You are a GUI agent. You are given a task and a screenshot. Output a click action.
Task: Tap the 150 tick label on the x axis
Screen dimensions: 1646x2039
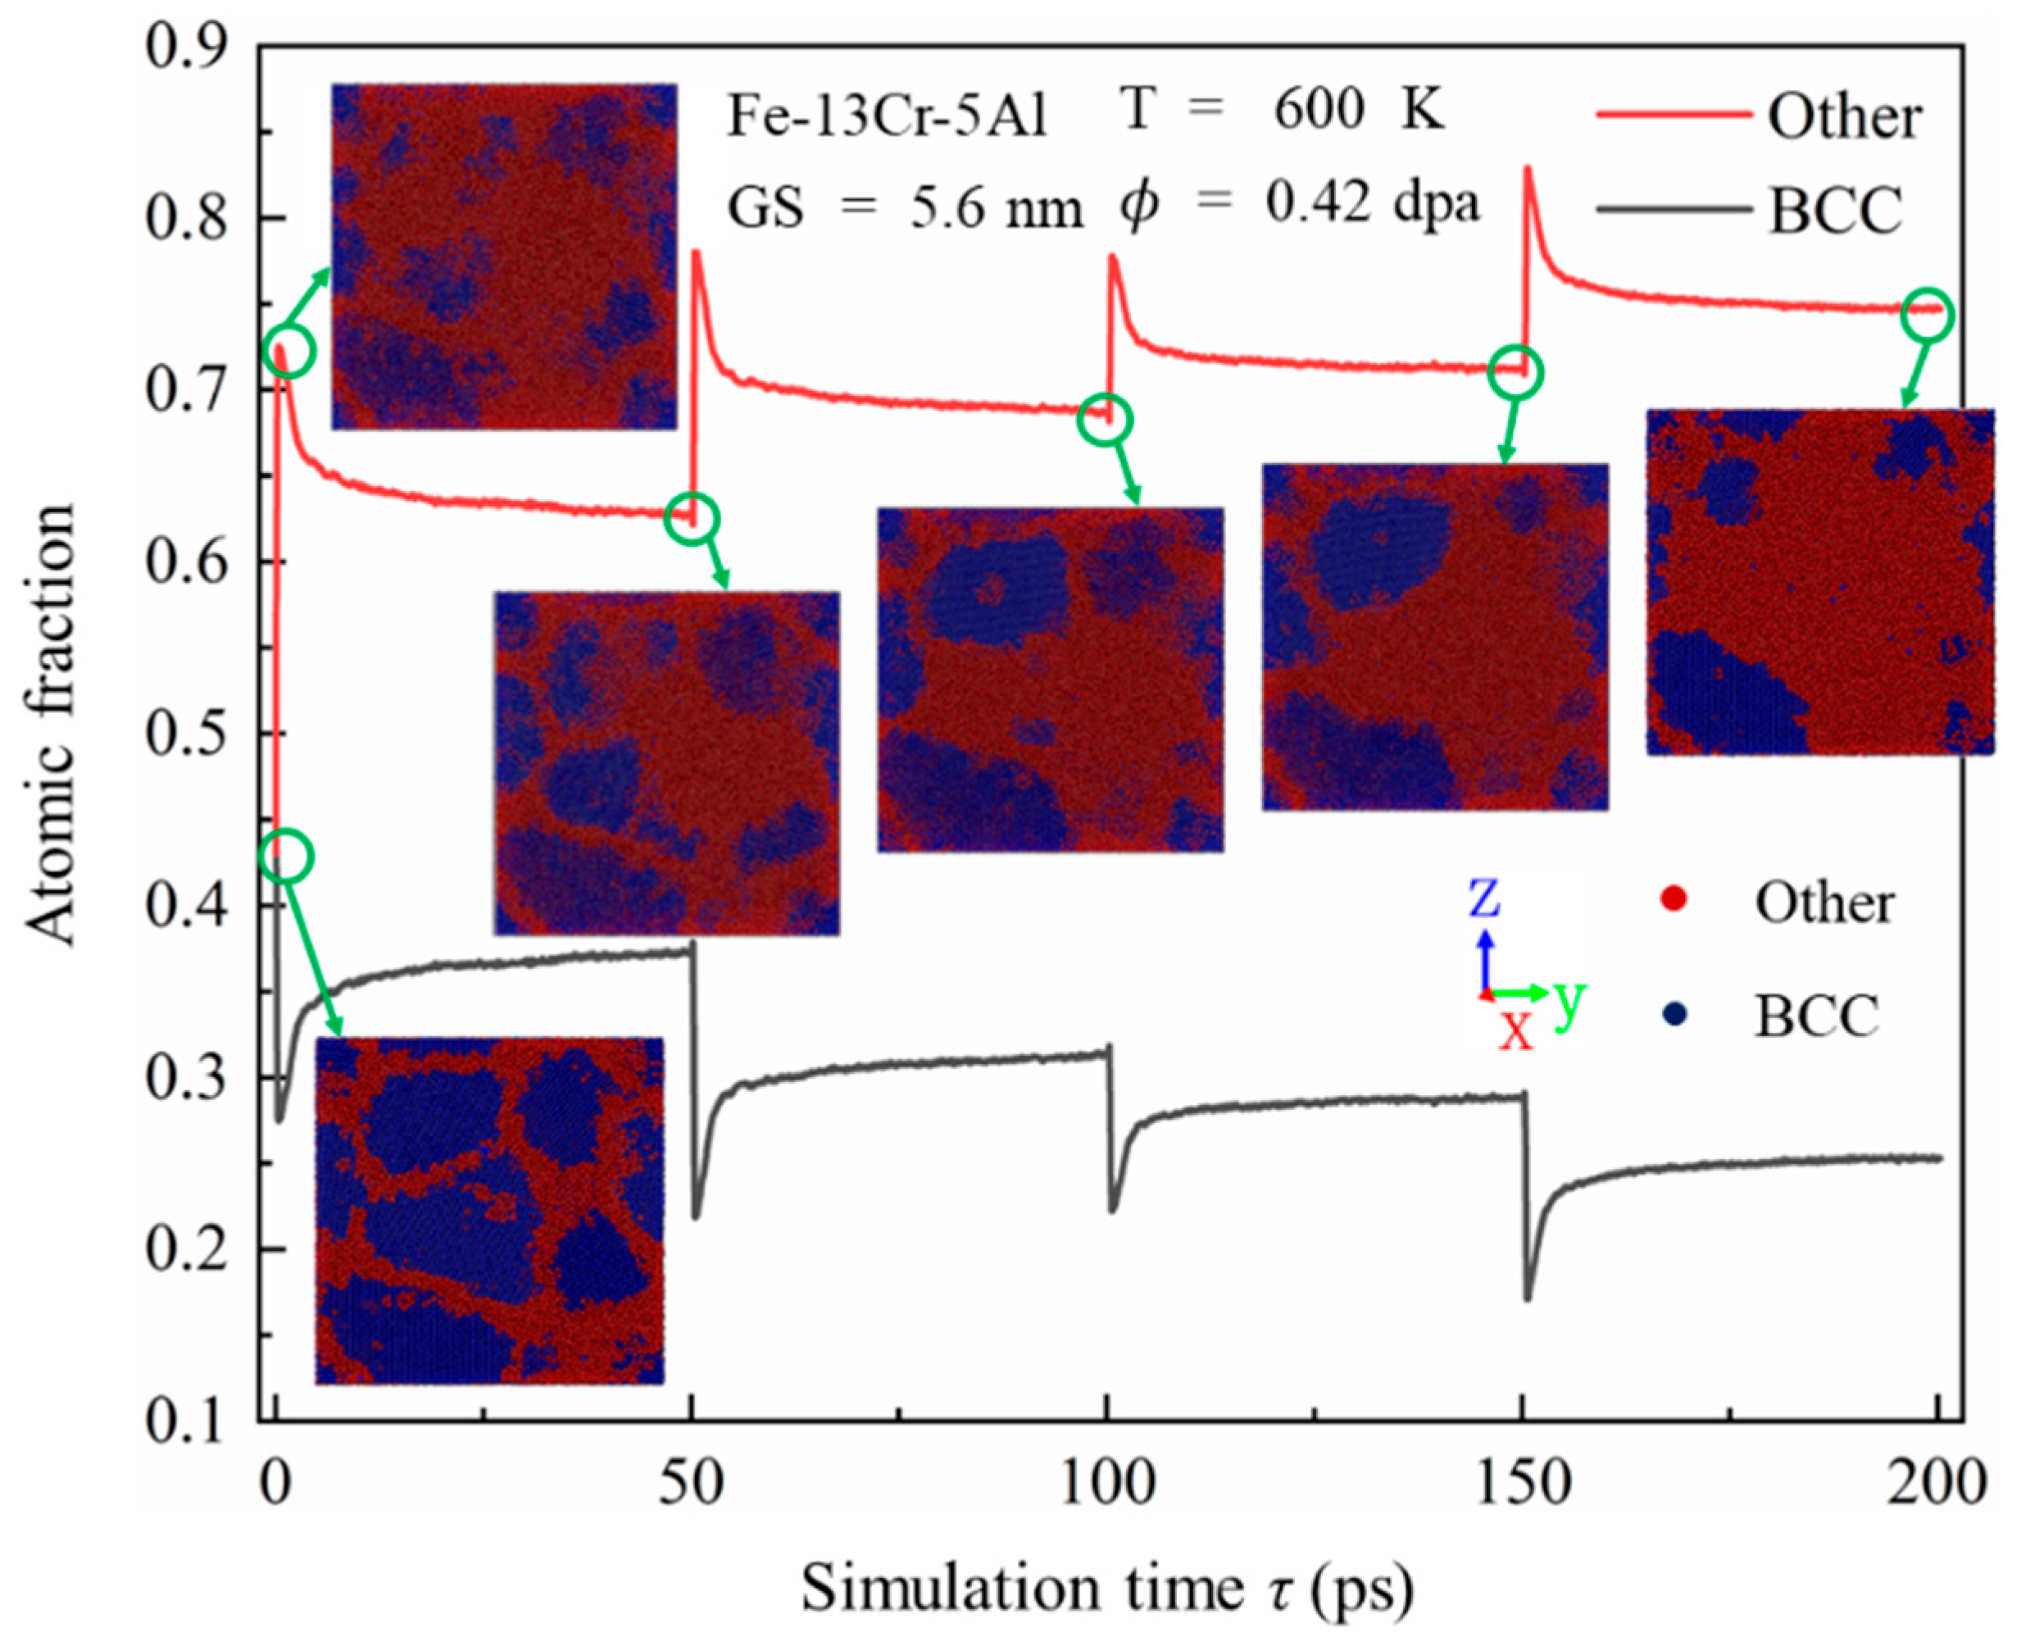point(1524,1481)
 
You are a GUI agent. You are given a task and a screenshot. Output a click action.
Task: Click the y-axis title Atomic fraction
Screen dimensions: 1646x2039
point(49,725)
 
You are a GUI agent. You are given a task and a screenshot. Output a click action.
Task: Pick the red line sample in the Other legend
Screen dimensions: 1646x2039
point(1673,116)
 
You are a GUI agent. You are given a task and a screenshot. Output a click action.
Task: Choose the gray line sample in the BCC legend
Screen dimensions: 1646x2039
point(1673,207)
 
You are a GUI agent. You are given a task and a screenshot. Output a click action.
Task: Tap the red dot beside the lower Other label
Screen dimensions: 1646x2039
point(1674,900)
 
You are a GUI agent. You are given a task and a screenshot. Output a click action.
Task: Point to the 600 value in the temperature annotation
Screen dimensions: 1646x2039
point(1318,111)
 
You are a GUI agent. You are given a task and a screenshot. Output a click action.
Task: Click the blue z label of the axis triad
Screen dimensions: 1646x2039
point(1483,897)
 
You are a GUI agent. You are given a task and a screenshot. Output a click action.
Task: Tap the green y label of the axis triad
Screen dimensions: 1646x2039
point(1569,998)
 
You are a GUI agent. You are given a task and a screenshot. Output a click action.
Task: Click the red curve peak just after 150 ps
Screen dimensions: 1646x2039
point(1527,169)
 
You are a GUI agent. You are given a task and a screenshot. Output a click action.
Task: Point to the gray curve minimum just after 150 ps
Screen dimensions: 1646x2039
point(1527,1297)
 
